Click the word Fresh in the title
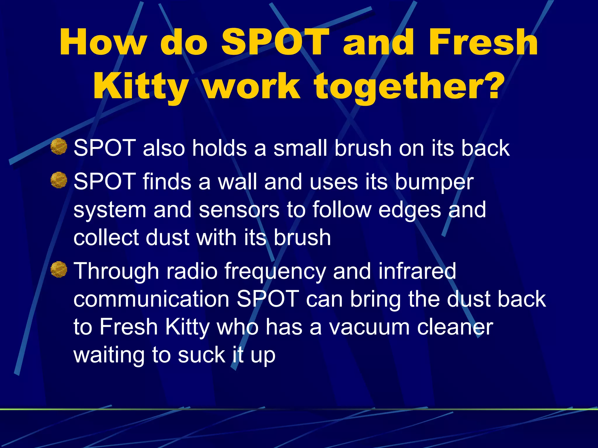click(483, 42)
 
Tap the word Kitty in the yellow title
click(140, 86)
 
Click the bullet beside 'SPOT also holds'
click(59, 147)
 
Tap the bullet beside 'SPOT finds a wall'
click(59, 180)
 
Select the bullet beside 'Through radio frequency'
click(59, 269)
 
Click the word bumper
click(434, 183)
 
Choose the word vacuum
click(369, 327)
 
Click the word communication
click(151, 299)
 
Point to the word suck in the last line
click(201, 355)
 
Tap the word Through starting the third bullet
click(116, 271)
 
